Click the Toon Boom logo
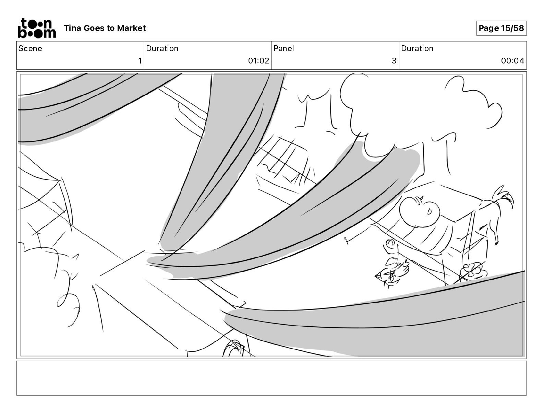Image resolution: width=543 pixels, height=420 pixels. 37,28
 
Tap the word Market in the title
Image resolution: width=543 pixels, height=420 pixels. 131,28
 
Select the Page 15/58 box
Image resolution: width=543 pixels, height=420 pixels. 501,28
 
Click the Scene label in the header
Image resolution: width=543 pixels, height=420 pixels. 30,48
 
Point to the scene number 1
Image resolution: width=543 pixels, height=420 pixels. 140,60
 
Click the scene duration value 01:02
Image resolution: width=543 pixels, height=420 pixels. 258,60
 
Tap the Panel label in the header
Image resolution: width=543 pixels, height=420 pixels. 283,48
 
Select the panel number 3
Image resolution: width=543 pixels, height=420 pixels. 394,60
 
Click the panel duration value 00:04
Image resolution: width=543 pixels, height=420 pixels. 512,60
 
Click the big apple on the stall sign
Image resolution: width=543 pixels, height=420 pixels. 419,211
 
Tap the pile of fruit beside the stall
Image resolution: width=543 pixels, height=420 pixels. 474,271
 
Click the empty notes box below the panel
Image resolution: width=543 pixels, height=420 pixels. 271,378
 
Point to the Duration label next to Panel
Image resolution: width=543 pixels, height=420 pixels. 417,48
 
